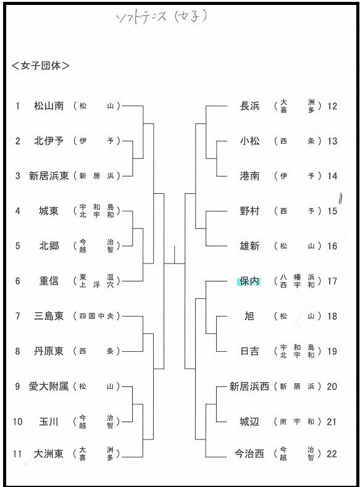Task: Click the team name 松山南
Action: click(x=49, y=106)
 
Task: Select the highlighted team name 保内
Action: click(x=249, y=281)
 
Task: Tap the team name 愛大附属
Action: click(x=49, y=386)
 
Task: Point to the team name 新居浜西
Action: click(x=249, y=386)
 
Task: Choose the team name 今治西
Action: click(x=249, y=454)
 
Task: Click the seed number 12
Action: click(x=332, y=106)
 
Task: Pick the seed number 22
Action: click(x=332, y=454)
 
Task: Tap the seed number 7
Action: click(x=18, y=316)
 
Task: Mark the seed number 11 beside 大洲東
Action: click(x=17, y=454)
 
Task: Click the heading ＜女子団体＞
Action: click(x=40, y=65)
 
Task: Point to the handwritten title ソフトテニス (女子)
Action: click(x=162, y=18)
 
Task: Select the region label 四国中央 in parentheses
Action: click(x=96, y=316)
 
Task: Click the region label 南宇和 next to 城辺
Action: click(x=297, y=422)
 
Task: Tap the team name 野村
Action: click(x=249, y=211)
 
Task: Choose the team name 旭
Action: click(x=249, y=316)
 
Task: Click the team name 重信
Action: click(x=49, y=281)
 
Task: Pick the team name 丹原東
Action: click(x=49, y=351)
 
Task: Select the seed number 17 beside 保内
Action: click(x=332, y=281)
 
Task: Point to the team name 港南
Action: click(x=249, y=176)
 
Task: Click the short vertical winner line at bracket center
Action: click(x=175, y=255)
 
